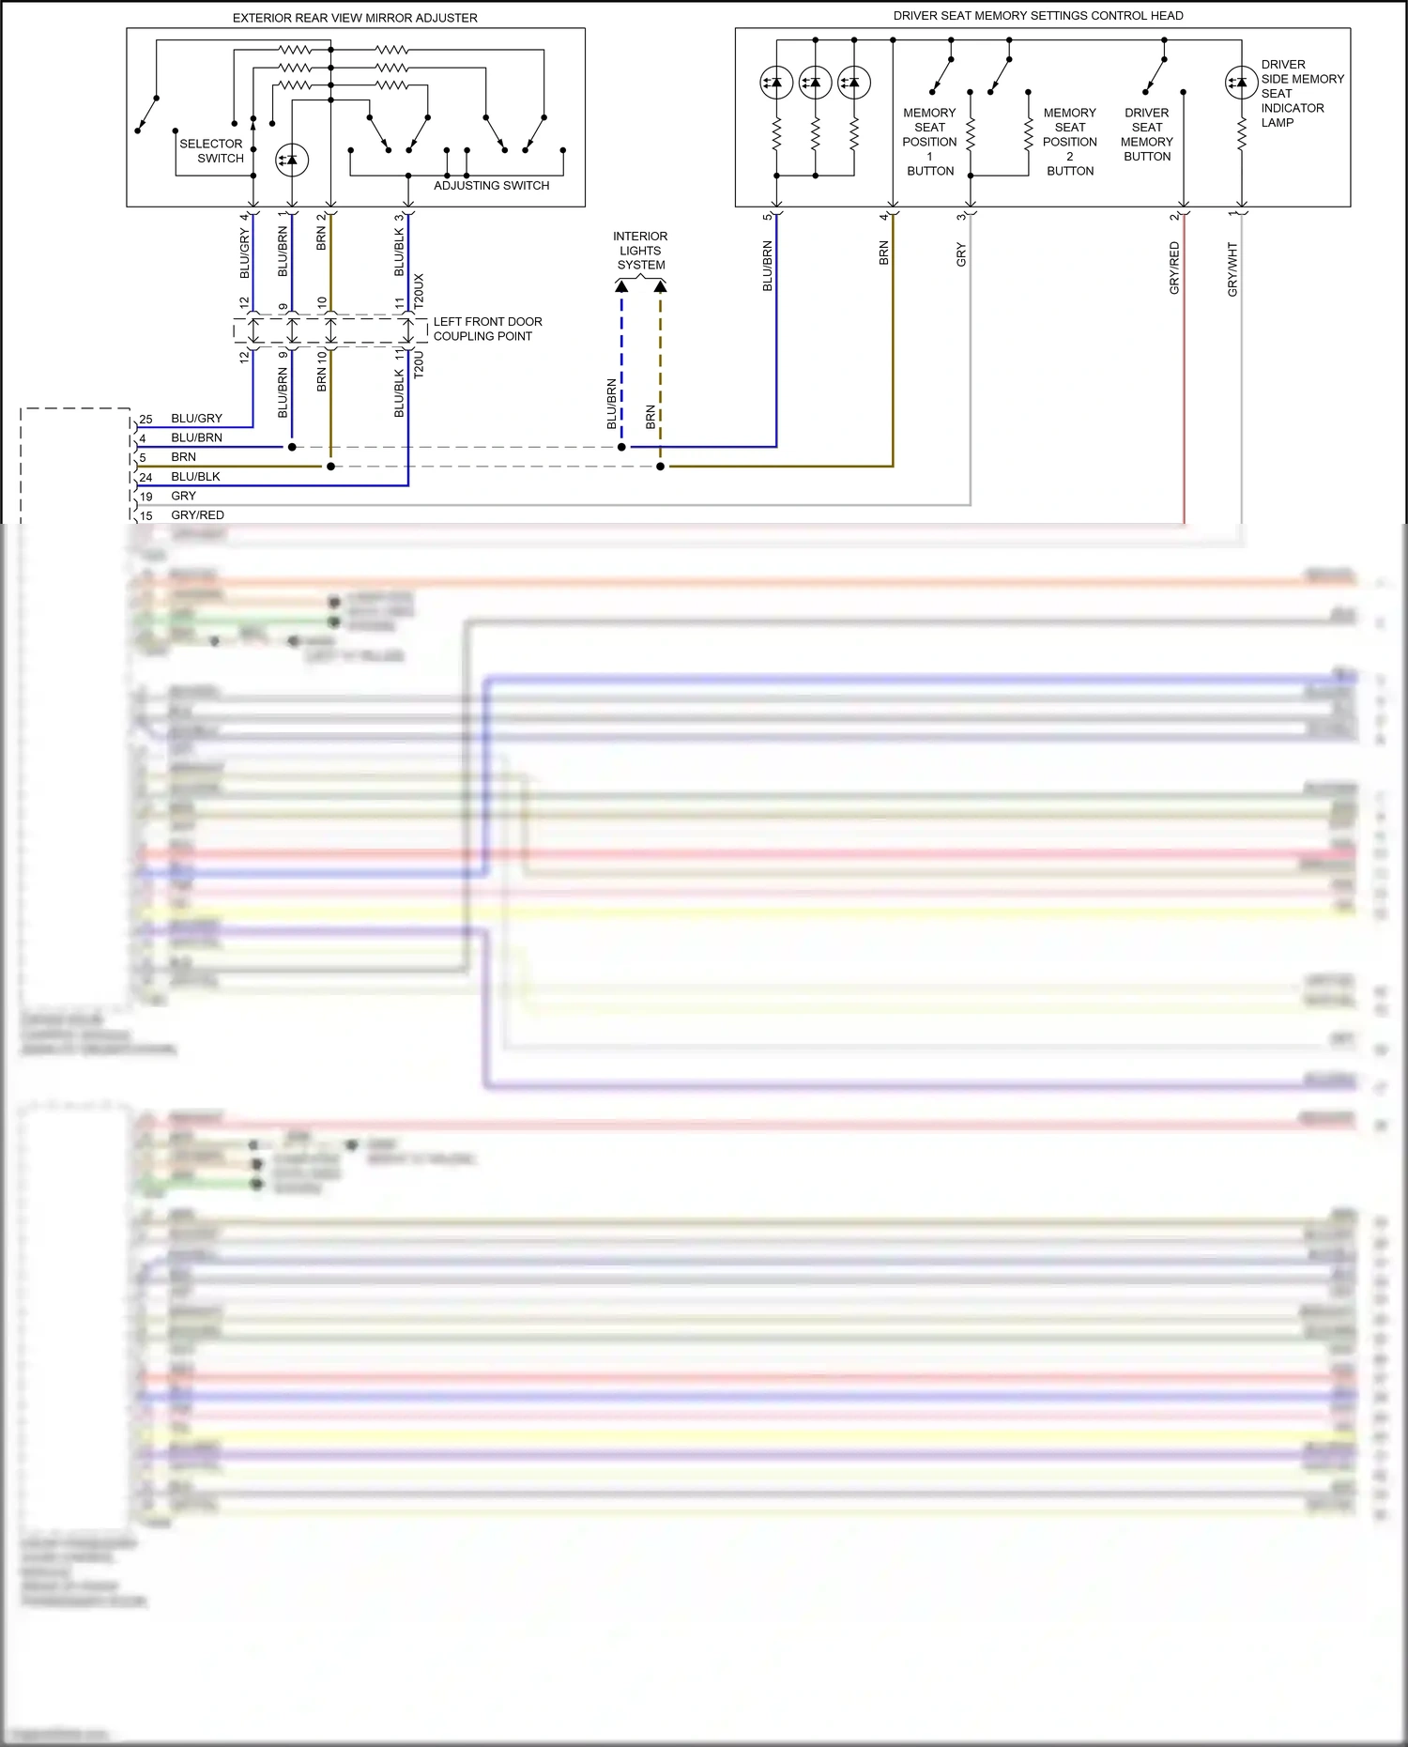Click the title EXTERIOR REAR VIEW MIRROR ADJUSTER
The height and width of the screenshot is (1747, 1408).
point(355,18)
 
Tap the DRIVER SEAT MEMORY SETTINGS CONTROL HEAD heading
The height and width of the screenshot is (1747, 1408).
point(1037,16)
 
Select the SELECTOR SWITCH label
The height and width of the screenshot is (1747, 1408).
point(212,151)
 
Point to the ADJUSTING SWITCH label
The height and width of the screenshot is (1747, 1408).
point(491,186)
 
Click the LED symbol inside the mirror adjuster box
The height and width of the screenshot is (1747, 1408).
point(292,161)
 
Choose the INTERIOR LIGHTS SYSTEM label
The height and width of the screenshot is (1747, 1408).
point(640,251)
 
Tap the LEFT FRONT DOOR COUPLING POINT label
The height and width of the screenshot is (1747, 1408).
point(487,329)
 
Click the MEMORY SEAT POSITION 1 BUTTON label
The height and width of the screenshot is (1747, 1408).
point(929,142)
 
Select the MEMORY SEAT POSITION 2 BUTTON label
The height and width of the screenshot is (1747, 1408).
point(1069,142)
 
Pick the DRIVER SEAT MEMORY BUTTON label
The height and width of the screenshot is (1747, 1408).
point(1146,134)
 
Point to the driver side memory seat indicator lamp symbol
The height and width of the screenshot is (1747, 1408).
point(1241,83)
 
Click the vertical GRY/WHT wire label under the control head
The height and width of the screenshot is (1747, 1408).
point(1232,269)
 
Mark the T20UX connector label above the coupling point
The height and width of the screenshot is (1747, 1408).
point(419,291)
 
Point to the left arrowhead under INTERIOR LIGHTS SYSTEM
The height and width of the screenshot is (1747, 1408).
point(621,286)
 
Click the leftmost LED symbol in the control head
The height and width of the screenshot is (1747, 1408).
point(776,83)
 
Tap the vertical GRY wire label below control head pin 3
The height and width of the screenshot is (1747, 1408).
point(961,254)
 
